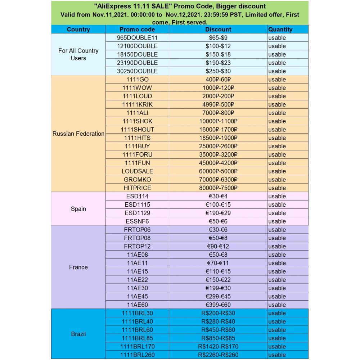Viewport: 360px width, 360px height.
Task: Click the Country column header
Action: (78, 30)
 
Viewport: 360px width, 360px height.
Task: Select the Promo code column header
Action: (137, 30)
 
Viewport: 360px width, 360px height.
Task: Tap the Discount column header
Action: (218, 30)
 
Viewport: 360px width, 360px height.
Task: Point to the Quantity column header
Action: (280, 30)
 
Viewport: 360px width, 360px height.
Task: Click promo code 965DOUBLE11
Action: (137, 38)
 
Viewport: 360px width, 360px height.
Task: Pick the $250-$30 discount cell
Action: (218, 71)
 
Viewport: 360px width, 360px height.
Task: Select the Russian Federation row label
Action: (78, 134)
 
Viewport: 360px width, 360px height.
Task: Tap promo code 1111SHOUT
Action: (137, 130)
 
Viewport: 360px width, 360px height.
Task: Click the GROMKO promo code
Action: (137, 179)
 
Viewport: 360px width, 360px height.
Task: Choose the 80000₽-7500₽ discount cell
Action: (218, 188)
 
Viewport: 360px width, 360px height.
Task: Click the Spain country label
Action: (78, 209)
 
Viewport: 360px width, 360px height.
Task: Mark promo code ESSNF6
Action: (137, 221)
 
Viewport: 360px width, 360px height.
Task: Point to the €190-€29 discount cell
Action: (218, 213)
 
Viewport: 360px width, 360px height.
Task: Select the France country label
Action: (78, 267)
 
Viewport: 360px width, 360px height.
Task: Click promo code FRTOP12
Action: (137, 246)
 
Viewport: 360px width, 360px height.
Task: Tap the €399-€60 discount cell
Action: (218, 305)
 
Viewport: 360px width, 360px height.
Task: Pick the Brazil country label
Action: (78, 334)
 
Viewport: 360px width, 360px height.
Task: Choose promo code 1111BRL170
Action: (137, 346)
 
